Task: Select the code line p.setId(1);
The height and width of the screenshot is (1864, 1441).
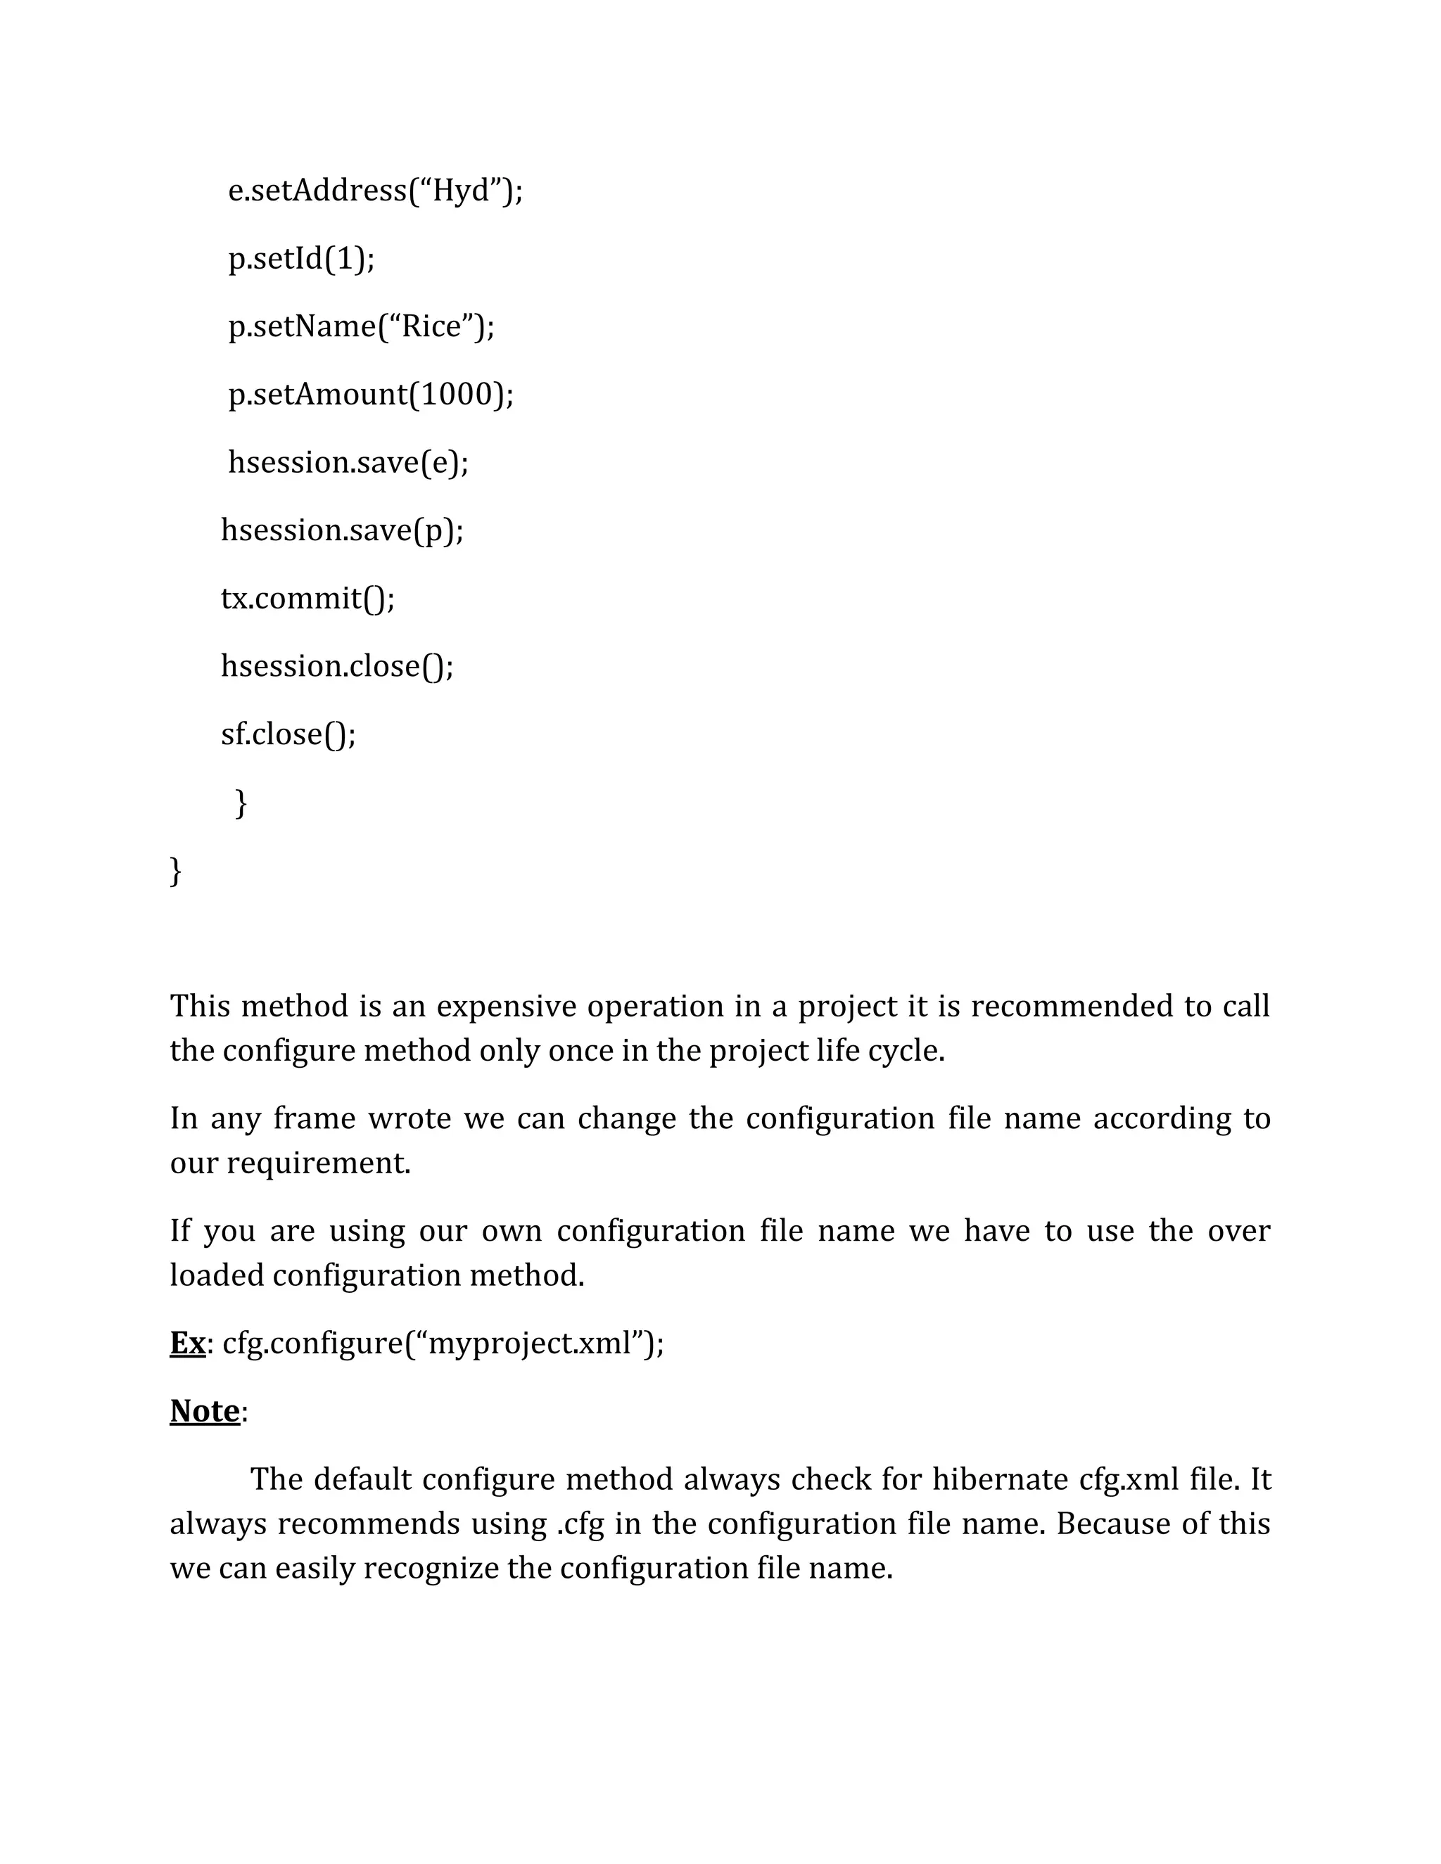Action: point(301,257)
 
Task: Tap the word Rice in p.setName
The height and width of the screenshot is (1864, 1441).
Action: point(432,326)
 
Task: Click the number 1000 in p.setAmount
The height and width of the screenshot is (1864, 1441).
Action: point(457,395)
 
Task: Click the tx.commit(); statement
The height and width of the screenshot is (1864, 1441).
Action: point(308,599)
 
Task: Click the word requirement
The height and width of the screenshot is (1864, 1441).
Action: point(319,1163)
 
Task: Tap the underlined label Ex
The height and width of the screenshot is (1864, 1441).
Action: point(187,1343)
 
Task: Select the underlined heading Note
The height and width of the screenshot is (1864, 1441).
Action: point(205,1412)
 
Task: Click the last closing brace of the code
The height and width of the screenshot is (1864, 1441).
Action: point(176,872)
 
